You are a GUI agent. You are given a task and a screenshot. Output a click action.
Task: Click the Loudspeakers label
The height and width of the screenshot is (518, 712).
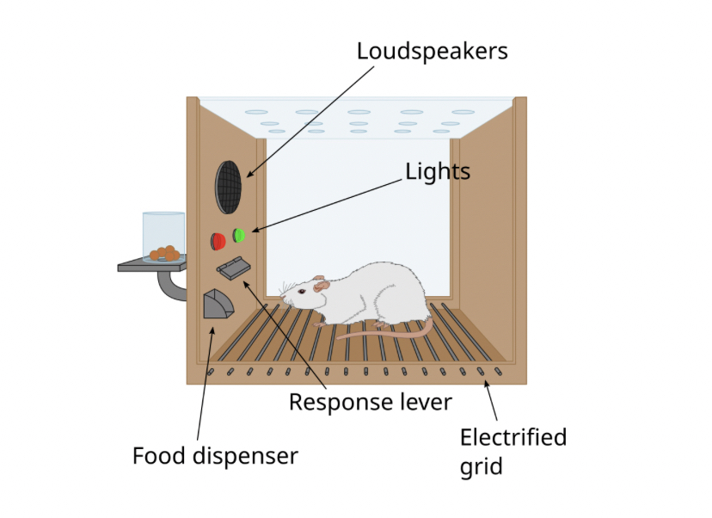point(432,52)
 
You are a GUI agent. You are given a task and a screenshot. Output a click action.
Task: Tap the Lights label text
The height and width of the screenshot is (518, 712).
point(438,171)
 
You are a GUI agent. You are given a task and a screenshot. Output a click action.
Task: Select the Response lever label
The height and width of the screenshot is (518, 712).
point(370,402)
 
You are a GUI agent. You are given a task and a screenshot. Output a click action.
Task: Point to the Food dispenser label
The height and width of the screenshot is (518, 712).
point(215,455)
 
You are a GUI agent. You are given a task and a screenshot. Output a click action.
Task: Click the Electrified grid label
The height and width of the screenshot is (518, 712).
point(513,452)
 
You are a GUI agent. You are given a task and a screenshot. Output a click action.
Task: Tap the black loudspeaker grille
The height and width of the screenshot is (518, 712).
point(229,186)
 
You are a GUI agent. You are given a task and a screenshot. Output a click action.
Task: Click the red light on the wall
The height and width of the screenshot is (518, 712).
point(218,240)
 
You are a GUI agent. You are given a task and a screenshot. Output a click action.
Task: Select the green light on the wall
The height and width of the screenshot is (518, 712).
point(239,234)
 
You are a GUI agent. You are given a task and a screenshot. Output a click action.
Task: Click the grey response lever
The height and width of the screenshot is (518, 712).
point(233,268)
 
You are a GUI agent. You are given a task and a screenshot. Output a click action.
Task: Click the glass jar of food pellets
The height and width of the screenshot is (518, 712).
point(163,235)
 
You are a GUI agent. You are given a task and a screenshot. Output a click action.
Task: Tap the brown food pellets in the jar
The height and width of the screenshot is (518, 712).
point(165,254)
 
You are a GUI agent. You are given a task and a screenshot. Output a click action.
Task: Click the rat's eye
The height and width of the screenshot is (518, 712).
point(302,293)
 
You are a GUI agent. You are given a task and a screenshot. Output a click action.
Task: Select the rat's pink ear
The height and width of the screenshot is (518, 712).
point(321,283)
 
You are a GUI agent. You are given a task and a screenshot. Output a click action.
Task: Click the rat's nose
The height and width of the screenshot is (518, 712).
point(281,301)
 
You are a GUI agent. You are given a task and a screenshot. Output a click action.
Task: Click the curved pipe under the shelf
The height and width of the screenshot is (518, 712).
point(172,287)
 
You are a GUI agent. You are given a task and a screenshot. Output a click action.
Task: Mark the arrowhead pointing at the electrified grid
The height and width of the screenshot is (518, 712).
point(488,384)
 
